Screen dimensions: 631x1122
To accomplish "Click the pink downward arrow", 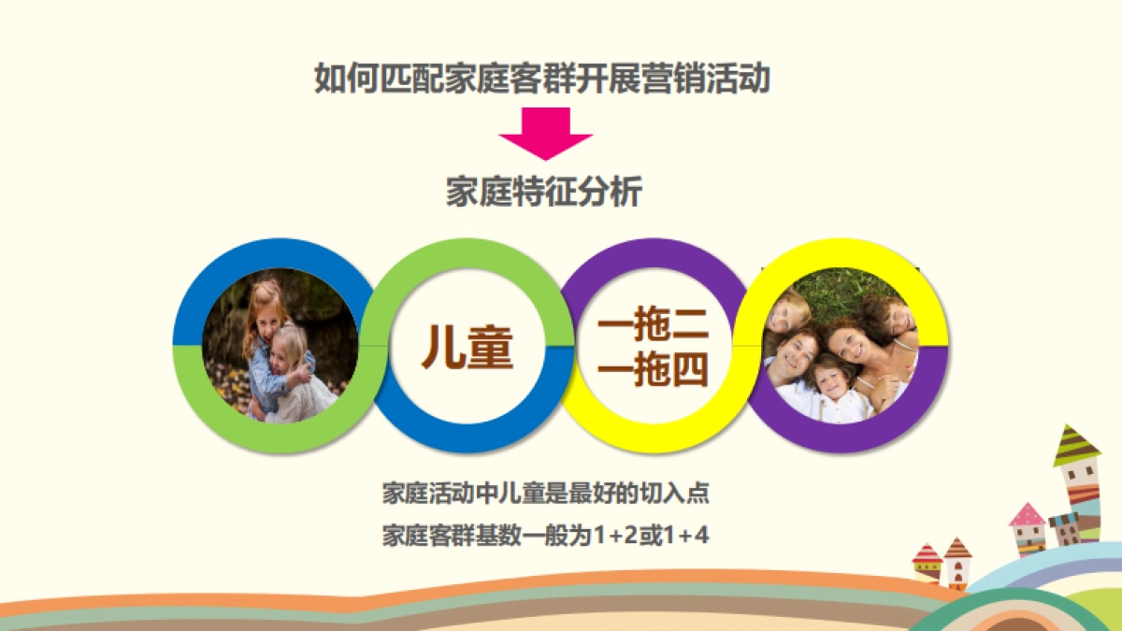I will coord(545,132).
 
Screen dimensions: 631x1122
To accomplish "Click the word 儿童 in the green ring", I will coord(467,346).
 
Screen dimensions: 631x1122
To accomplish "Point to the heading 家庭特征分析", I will coord(544,193).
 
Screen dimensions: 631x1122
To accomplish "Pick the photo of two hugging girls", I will coord(280,346).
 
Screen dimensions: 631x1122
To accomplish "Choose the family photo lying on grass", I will coord(841,346).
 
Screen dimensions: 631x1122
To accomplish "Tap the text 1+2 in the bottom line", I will coord(613,537).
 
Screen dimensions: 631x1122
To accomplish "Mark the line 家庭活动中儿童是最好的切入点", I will coord(553,493).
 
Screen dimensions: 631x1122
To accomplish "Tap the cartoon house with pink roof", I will coord(1028,529).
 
